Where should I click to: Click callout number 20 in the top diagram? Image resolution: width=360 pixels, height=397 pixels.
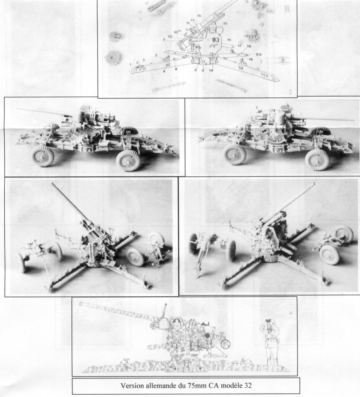pos(258,54)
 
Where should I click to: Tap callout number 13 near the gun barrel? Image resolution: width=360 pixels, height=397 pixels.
pos(199,16)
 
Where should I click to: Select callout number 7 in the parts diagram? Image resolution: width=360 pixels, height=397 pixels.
pos(164,40)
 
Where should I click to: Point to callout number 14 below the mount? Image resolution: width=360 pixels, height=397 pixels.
pos(211,71)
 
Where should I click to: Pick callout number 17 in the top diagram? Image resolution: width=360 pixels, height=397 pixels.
pos(239,46)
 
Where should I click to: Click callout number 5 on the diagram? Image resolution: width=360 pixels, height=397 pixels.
pos(156,55)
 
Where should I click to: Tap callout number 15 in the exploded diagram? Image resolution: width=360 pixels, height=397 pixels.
pos(225,24)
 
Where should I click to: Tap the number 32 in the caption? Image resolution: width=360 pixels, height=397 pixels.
pos(248,386)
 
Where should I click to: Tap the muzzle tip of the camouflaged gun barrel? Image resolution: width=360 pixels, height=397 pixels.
pos(81,303)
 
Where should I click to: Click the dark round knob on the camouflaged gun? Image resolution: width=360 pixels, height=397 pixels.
pos(207,336)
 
